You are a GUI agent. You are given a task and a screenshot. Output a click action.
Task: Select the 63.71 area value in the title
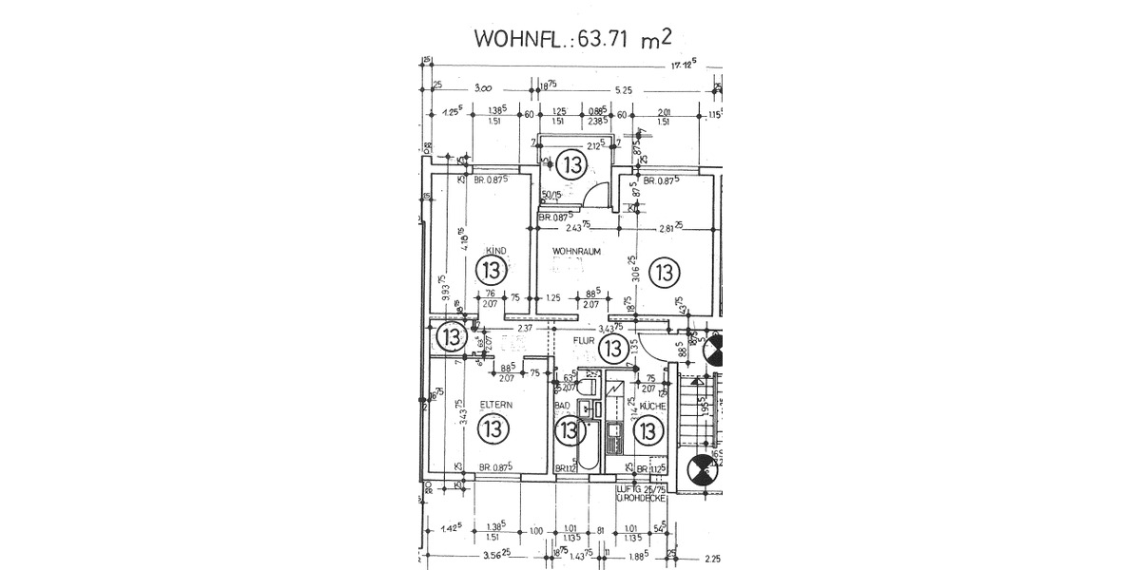click(605, 40)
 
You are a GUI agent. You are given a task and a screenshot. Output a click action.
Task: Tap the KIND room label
click(494, 251)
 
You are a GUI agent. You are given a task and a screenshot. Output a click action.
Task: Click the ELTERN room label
click(495, 405)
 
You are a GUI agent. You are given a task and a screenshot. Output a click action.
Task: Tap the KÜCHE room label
click(651, 406)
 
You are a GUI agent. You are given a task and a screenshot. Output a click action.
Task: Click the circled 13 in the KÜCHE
click(648, 431)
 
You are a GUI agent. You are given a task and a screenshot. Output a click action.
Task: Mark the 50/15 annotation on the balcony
click(549, 197)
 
